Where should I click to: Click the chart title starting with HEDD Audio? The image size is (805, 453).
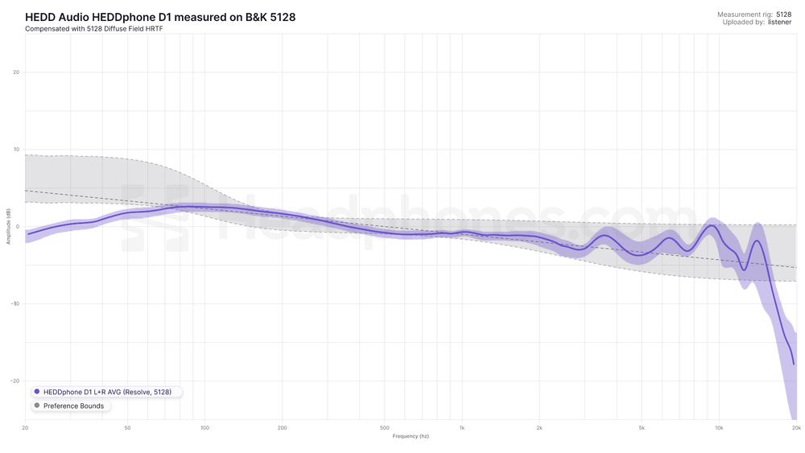pos(160,17)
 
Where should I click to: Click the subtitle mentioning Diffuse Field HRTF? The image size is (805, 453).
pos(94,29)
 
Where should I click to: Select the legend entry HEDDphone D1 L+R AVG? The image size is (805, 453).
pos(107,392)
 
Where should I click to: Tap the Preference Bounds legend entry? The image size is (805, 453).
pos(73,406)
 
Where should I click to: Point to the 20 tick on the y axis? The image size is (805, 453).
pos(16,72)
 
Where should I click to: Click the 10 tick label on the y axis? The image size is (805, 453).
pos(16,150)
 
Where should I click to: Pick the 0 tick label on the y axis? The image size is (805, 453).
pos(18,227)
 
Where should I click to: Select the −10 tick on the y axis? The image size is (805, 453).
pos(15,304)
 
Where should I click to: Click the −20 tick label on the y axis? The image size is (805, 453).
pos(15,381)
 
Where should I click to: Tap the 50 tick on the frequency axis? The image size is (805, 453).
pos(128,428)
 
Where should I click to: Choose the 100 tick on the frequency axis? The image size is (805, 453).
pos(205,428)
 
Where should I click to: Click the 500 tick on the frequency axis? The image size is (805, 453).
pos(385,428)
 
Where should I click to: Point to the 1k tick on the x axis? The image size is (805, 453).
pos(462,428)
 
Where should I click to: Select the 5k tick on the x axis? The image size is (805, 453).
pos(642,428)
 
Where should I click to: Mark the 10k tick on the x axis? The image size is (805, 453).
pos(719,428)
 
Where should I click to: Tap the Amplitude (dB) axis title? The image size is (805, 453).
pos(8,227)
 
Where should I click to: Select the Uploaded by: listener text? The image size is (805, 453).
pos(757,23)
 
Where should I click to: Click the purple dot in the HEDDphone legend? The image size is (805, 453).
pos(37,392)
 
